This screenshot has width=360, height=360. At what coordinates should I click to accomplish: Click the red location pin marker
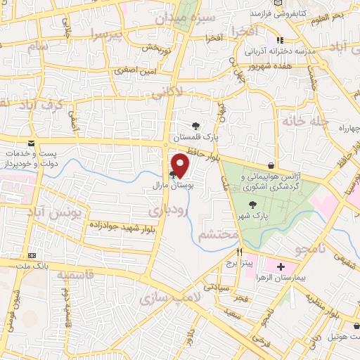click(x=181, y=165)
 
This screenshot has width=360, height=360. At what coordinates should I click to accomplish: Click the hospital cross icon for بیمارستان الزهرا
click(x=281, y=267)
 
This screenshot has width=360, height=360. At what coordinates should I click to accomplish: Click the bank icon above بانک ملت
click(x=31, y=256)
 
